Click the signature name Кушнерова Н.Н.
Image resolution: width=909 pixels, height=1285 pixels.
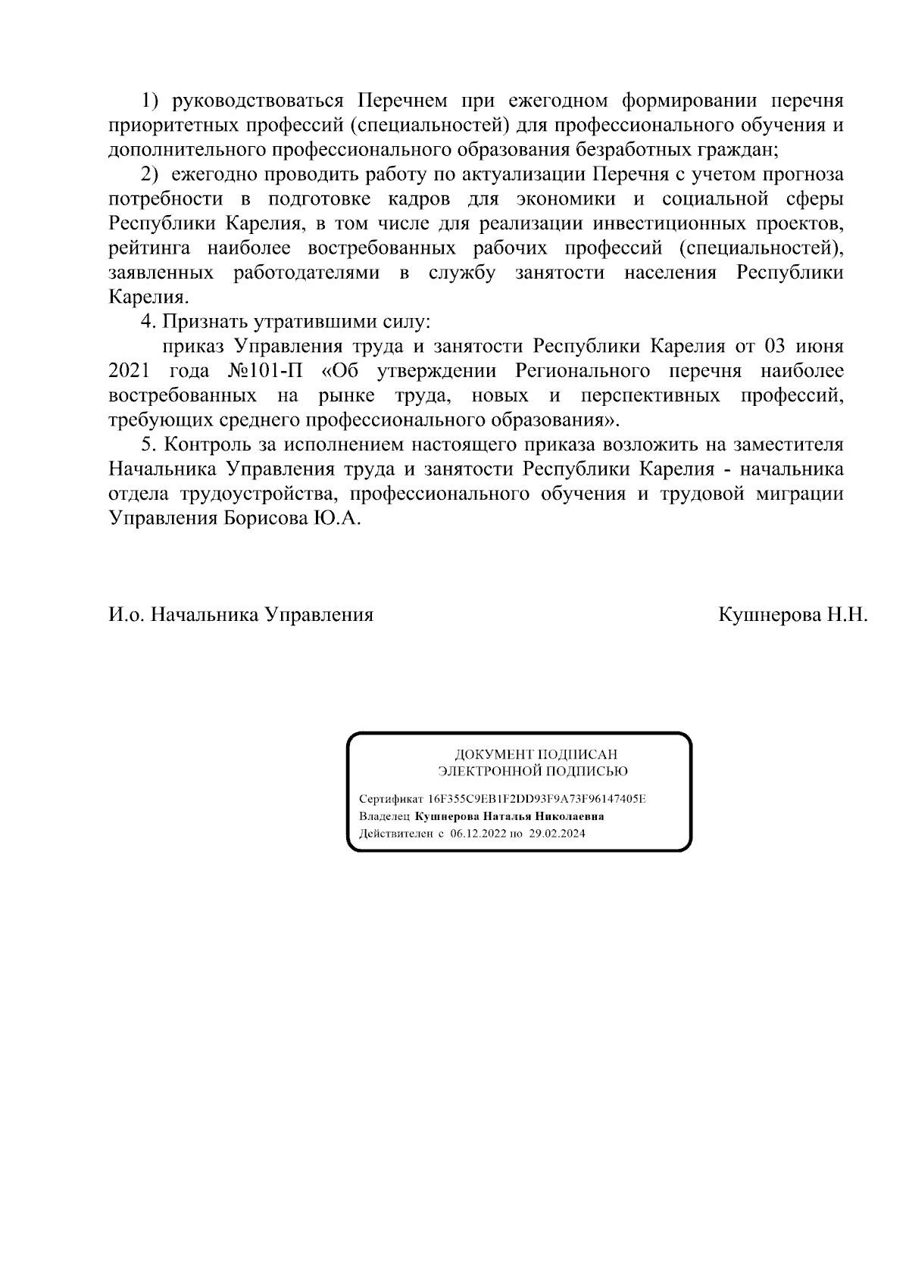[792, 614]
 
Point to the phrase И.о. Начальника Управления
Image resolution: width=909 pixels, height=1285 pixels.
[241, 614]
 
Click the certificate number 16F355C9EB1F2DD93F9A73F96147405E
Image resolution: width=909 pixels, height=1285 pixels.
[537, 799]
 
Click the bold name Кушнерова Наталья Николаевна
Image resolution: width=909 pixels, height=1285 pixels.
[510, 816]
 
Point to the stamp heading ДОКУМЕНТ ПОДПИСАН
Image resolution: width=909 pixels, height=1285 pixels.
[536, 755]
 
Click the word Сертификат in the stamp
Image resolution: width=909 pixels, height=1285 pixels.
[392, 799]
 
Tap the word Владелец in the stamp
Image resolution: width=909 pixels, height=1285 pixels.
[384, 816]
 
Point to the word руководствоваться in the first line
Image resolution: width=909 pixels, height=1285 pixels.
[258, 101]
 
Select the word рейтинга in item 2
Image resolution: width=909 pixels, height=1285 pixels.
[151, 248]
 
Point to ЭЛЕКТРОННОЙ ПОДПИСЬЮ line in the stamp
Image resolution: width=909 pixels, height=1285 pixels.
[533, 772]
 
